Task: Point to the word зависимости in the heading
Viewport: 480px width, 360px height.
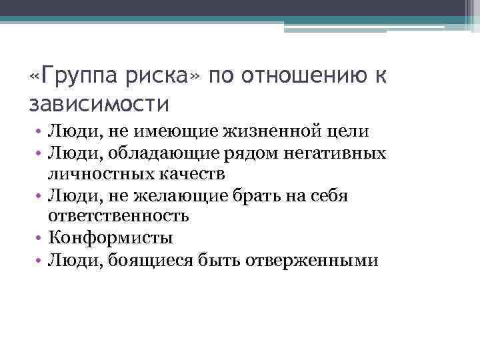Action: click(100, 104)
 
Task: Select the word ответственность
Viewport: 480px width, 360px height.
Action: click(119, 216)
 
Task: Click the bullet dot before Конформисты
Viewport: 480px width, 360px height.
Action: click(41, 238)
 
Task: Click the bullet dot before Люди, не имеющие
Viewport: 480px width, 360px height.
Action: click(41, 133)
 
